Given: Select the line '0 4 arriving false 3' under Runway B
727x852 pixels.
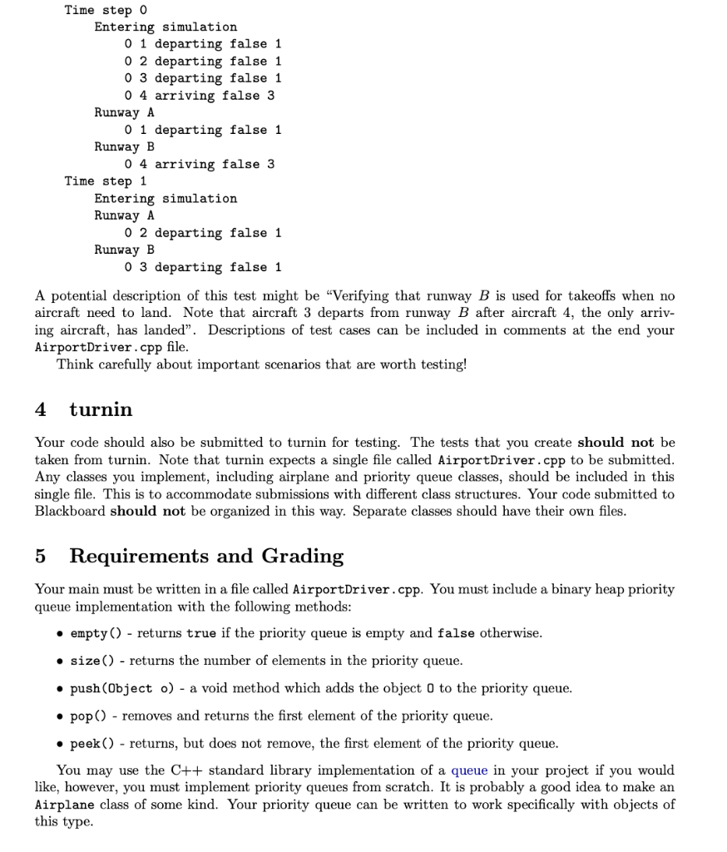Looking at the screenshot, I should [x=199, y=164].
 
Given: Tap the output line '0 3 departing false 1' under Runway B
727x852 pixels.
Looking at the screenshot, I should [x=202, y=267].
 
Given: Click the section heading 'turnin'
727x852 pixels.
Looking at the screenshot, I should [x=101, y=409].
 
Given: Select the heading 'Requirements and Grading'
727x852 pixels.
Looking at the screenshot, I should [x=206, y=556].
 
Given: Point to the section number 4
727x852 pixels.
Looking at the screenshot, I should [x=42, y=409].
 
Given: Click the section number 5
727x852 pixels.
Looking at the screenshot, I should [x=42, y=556].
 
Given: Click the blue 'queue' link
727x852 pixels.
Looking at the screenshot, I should [x=469, y=770].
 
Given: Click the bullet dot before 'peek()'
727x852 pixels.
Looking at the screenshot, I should [x=61, y=743].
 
